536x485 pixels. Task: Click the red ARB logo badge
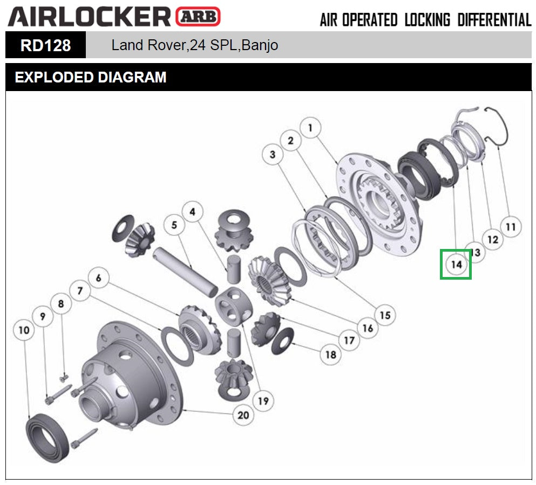point(198,16)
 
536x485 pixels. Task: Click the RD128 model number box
point(45,45)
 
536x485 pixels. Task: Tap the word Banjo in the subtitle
point(260,45)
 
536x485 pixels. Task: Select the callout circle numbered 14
point(456,265)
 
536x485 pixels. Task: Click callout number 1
point(310,128)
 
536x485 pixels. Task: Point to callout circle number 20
point(243,415)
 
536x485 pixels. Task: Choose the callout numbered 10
point(24,330)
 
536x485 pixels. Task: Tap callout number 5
point(174,225)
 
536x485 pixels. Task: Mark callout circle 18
point(330,355)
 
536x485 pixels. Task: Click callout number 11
point(511,227)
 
